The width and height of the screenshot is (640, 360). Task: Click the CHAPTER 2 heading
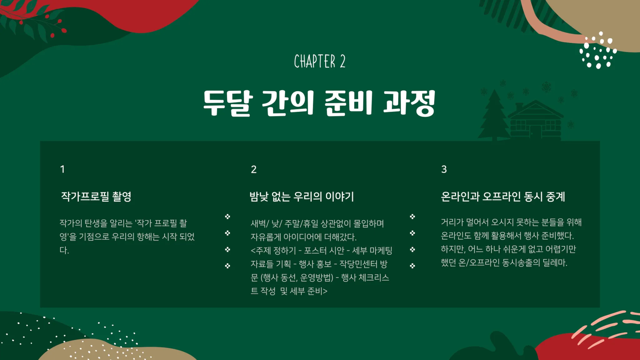pos(320,61)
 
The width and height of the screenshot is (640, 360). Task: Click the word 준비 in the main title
pos(348,103)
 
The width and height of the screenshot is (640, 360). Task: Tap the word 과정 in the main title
pos(409,103)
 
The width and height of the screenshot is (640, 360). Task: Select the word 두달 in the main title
pos(228,103)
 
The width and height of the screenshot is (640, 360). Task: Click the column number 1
pos(62,169)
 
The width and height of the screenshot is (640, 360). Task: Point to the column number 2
pos(254,169)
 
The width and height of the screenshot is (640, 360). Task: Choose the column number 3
pos(444,169)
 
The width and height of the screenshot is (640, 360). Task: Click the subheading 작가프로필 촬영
pos(96,197)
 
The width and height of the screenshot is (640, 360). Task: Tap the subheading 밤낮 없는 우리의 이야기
pos(302,197)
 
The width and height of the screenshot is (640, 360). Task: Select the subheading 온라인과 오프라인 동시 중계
pos(503,197)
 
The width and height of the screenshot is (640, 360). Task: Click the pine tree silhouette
pos(494,115)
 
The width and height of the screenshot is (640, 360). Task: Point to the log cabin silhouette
pos(536,120)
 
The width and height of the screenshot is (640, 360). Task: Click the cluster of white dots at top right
pos(598,50)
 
